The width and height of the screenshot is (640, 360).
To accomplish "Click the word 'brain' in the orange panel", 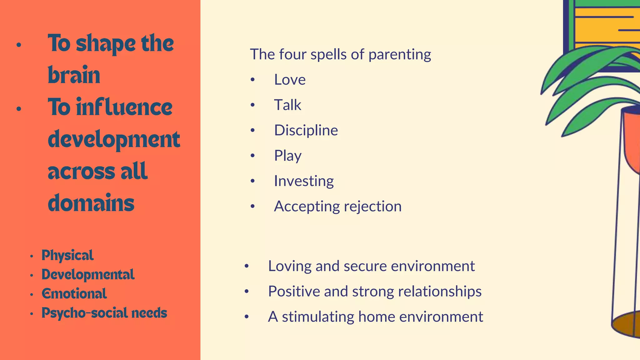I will click(74, 75).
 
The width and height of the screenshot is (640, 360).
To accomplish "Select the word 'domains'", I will click(91, 203).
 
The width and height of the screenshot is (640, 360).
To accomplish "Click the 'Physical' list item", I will click(67, 255).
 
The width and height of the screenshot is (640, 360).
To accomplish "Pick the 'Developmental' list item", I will click(88, 275).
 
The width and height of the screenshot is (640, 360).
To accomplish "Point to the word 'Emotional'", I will click(74, 294).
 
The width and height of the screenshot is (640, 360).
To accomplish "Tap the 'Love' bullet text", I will click(290, 79).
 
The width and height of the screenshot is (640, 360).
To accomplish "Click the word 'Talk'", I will click(287, 105).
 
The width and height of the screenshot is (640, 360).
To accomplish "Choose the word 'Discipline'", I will click(306, 130).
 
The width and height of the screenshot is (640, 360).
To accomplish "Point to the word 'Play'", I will click(287, 156).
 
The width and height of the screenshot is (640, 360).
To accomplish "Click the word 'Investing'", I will click(304, 181).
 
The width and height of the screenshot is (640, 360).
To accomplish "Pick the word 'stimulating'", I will click(318, 317).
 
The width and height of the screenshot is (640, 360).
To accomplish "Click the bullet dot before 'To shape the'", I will click(19, 45).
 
